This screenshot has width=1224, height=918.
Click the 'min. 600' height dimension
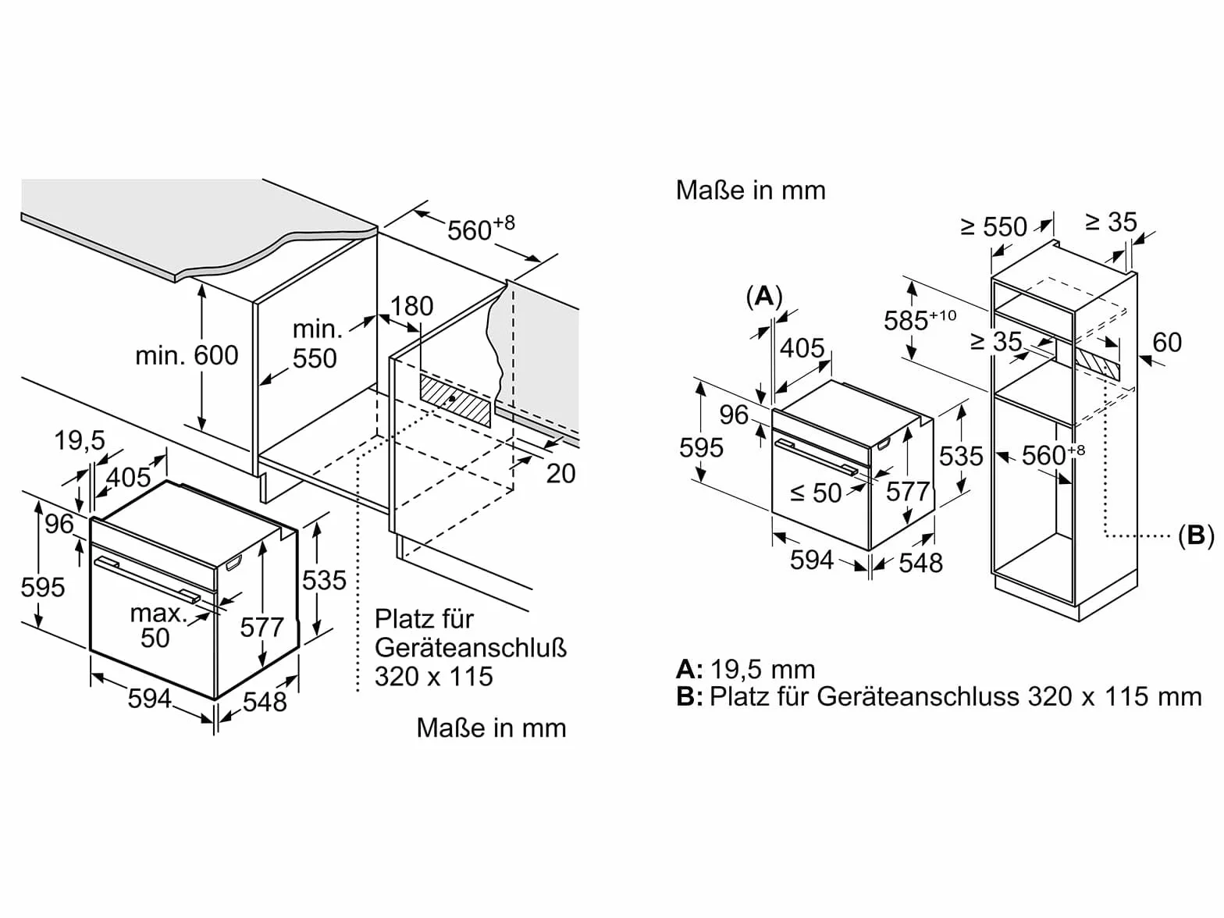[x=187, y=355]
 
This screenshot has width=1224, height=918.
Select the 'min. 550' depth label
[x=315, y=343]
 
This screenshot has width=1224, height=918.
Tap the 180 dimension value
[x=411, y=306]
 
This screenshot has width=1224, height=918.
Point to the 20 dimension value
[x=560, y=473]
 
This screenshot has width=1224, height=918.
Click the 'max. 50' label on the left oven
[x=157, y=625]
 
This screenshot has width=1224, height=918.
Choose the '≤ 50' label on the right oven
[x=815, y=493]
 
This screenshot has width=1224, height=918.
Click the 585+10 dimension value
[x=920, y=319]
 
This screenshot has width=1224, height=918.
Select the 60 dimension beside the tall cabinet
[x=1166, y=342]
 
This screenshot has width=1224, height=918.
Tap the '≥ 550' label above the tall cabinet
[x=993, y=226]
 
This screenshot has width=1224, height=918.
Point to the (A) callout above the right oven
[x=764, y=297]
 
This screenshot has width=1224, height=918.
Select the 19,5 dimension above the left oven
[x=79, y=441]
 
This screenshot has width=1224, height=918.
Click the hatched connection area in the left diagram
[x=456, y=400]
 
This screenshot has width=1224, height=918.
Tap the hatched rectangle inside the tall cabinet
[x=1098, y=364]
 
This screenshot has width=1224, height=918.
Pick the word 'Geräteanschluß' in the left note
[x=471, y=648]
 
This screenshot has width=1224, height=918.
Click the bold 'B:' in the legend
[x=689, y=696]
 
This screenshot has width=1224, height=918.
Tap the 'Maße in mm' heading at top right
[x=751, y=190]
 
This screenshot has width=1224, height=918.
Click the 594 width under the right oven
[x=811, y=560]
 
